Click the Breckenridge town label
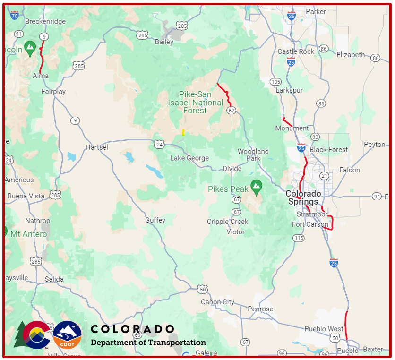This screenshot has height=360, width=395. pyautogui.click(x=45, y=21)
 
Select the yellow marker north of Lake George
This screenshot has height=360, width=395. pyautogui.click(x=183, y=132)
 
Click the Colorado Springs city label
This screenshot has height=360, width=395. pyautogui.click(x=303, y=197)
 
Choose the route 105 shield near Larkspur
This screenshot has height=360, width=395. pyautogui.click(x=275, y=82)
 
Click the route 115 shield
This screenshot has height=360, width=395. pyautogui.click(x=298, y=238)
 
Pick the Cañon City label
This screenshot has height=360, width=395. pyautogui.click(x=217, y=302)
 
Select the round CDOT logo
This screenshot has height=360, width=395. pyautogui.click(x=67, y=335)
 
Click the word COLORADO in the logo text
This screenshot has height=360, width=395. pyautogui.click(x=132, y=329)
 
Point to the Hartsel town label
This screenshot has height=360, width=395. pyautogui.click(x=97, y=147)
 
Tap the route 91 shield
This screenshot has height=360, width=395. pyautogui.click(x=19, y=34)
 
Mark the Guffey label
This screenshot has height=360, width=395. pyautogui.click(x=155, y=220)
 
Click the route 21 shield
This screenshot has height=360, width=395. pyautogui.click(x=324, y=176)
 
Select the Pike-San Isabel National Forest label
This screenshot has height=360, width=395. pyautogui.click(x=195, y=103)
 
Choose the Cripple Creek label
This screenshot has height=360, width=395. pyautogui.click(x=227, y=222)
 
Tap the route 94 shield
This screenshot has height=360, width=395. pyautogui.click(x=377, y=196)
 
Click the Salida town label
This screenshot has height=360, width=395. pyautogui.click(x=54, y=279)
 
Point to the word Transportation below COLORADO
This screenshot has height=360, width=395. pyautogui.click(x=178, y=343)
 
